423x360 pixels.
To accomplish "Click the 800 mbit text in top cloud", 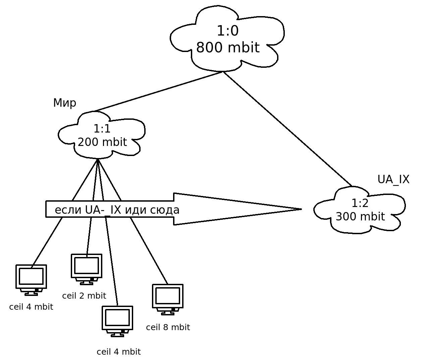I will tap(228, 48).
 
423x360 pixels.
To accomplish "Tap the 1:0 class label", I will tap(228, 31).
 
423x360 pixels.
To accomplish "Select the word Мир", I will tap(65, 103).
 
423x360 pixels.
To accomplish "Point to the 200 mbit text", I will tap(102, 142).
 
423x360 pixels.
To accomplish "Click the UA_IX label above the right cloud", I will tap(393, 180).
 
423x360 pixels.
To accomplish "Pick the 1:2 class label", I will tap(360, 203).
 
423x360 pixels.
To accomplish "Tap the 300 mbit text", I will tap(360, 217).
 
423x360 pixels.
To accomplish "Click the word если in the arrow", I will tap(68, 210).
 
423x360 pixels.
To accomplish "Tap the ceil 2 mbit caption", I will tap(84, 296).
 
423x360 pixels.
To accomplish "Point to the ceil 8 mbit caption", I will tap(168, 327).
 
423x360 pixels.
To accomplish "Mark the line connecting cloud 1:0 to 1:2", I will tap(287, 129).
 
